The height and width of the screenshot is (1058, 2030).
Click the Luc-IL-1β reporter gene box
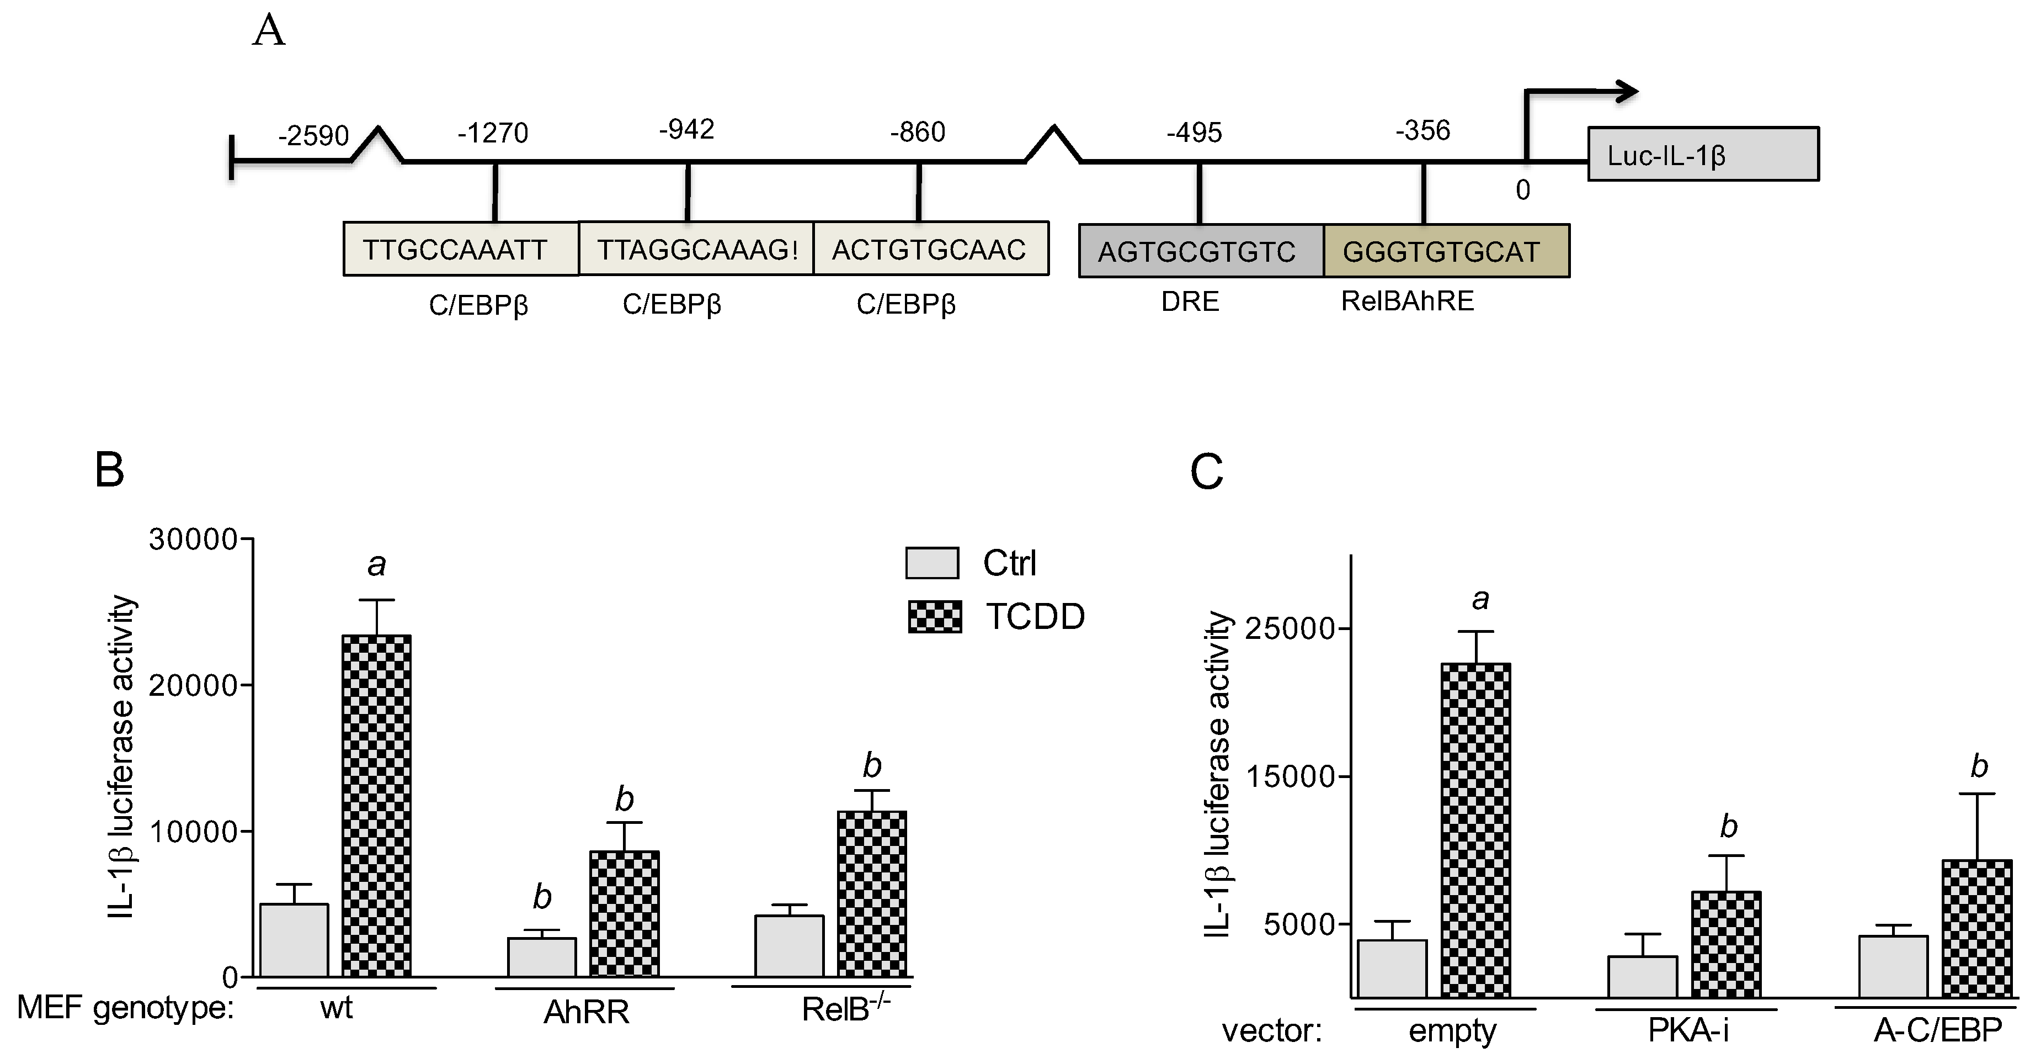[1702, 155]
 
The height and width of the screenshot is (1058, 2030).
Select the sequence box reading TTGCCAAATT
[460, 249]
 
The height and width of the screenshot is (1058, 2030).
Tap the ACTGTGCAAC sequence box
[931, 249]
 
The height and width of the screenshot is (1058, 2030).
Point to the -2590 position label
[313, 136]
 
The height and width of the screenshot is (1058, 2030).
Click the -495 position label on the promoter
[1194, 133]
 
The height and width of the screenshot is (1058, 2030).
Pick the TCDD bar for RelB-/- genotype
[872, 893]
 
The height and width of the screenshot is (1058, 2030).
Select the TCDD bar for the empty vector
[1475, 830]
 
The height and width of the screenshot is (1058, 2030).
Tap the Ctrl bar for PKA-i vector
[1642, 977]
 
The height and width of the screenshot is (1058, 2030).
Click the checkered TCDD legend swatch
[935, 616]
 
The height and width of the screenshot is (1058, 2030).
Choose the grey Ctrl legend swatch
[933, 563]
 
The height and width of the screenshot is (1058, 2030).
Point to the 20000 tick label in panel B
[193, 686]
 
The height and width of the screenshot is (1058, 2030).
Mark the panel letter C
[1206, 472]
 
